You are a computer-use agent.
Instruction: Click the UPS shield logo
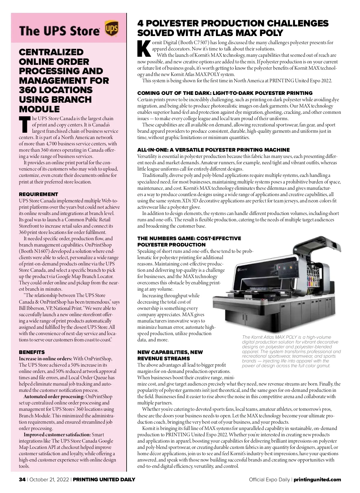coord(111,29)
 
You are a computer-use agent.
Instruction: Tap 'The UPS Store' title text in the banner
coord(59,31)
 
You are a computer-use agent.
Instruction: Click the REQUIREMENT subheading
coord(38,194)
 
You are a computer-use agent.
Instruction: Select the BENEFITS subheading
coord(32,352)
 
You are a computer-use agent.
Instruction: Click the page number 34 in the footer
coord(22,479)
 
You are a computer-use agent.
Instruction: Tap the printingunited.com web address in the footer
coord(317,479)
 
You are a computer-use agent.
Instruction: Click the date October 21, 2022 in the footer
coord(49,479)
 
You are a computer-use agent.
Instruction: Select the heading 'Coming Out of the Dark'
coord(225,93)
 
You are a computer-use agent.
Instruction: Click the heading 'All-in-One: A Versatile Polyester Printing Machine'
coord(213,150)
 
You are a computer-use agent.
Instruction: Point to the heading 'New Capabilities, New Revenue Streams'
coord(170,355)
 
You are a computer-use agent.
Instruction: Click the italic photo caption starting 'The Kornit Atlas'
coord(291,351)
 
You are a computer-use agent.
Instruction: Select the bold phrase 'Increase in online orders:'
coord(45,359)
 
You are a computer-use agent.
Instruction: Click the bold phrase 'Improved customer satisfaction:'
coord(57,435)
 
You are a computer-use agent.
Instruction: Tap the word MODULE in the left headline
coord(39,109)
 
